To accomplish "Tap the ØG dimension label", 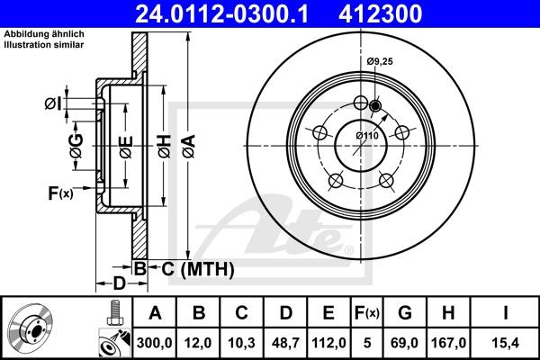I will click(x=76, y=143).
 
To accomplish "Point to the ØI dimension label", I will click(x=53, y=104).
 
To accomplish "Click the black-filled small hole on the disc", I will click(x=375, y=107).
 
